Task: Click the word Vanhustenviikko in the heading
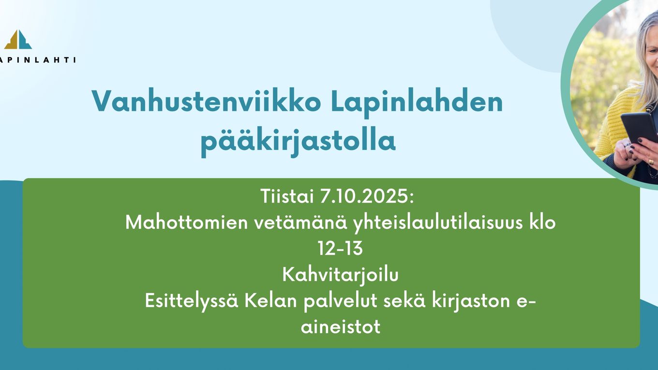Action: click(x=206, y=101)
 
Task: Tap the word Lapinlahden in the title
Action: click(x=417, y=101)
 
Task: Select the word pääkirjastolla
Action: click(x=298, y=141)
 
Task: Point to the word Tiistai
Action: click(x=287, y=196)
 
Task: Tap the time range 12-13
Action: click(x=340, y=249)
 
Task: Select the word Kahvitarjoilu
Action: click(x=340, y=275)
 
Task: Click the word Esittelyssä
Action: click(x=192, y=301)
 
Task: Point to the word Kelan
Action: click(x=271, y=301)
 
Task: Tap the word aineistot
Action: click(x=340, y=327)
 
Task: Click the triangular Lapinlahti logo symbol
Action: click(x=18, y=39)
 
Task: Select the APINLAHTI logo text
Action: click(x=37, y=60)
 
